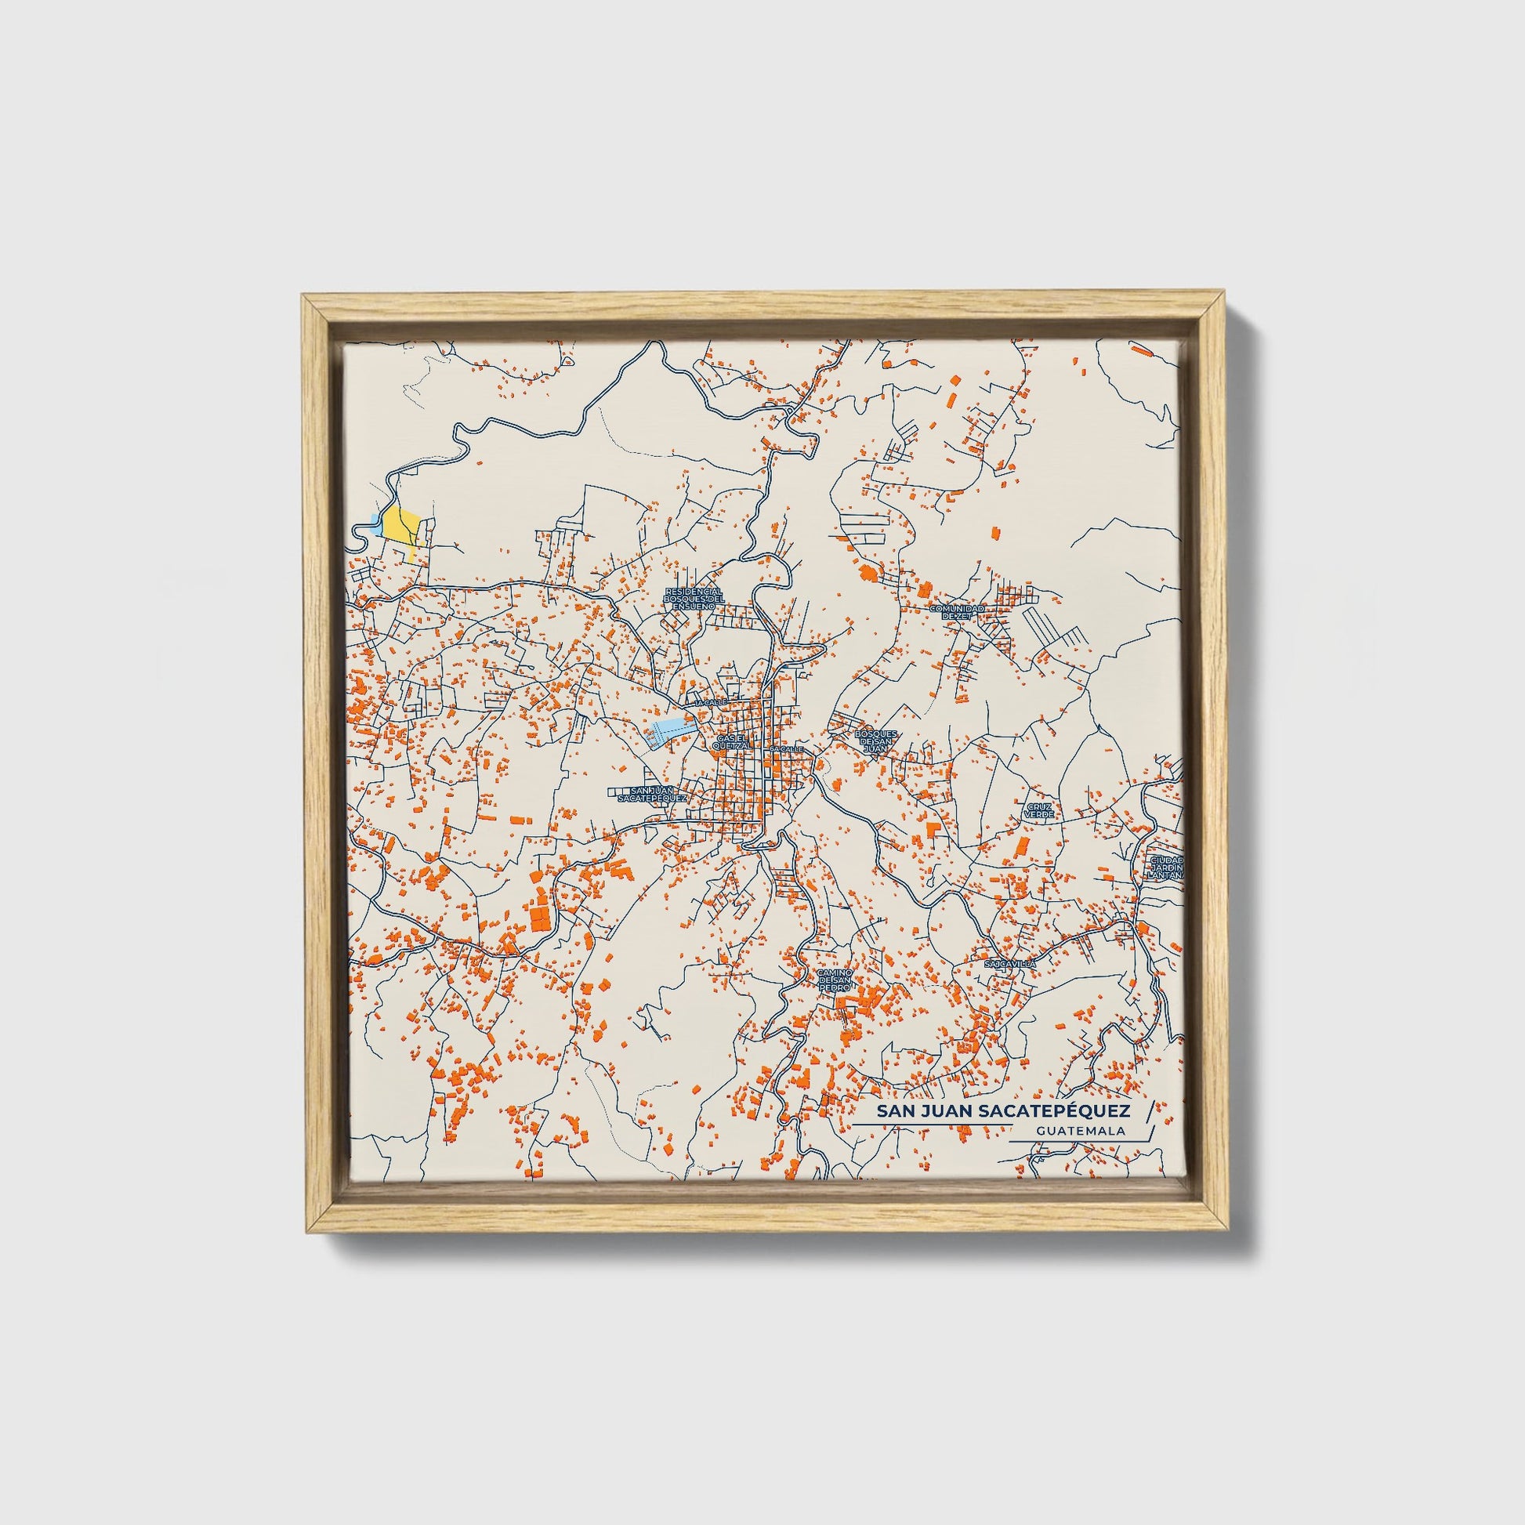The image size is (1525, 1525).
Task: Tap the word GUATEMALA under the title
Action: click(x=1081, y=1131)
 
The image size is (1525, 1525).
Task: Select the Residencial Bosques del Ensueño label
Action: click(x=694, y=598)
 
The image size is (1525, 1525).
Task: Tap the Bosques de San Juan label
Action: click(x=875, y=741)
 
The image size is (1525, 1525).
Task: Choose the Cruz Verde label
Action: click(x=1040, y=810)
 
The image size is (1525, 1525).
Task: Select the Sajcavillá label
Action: click(x=1009, y=964)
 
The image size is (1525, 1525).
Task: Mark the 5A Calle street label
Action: click(x=786, y=748)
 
